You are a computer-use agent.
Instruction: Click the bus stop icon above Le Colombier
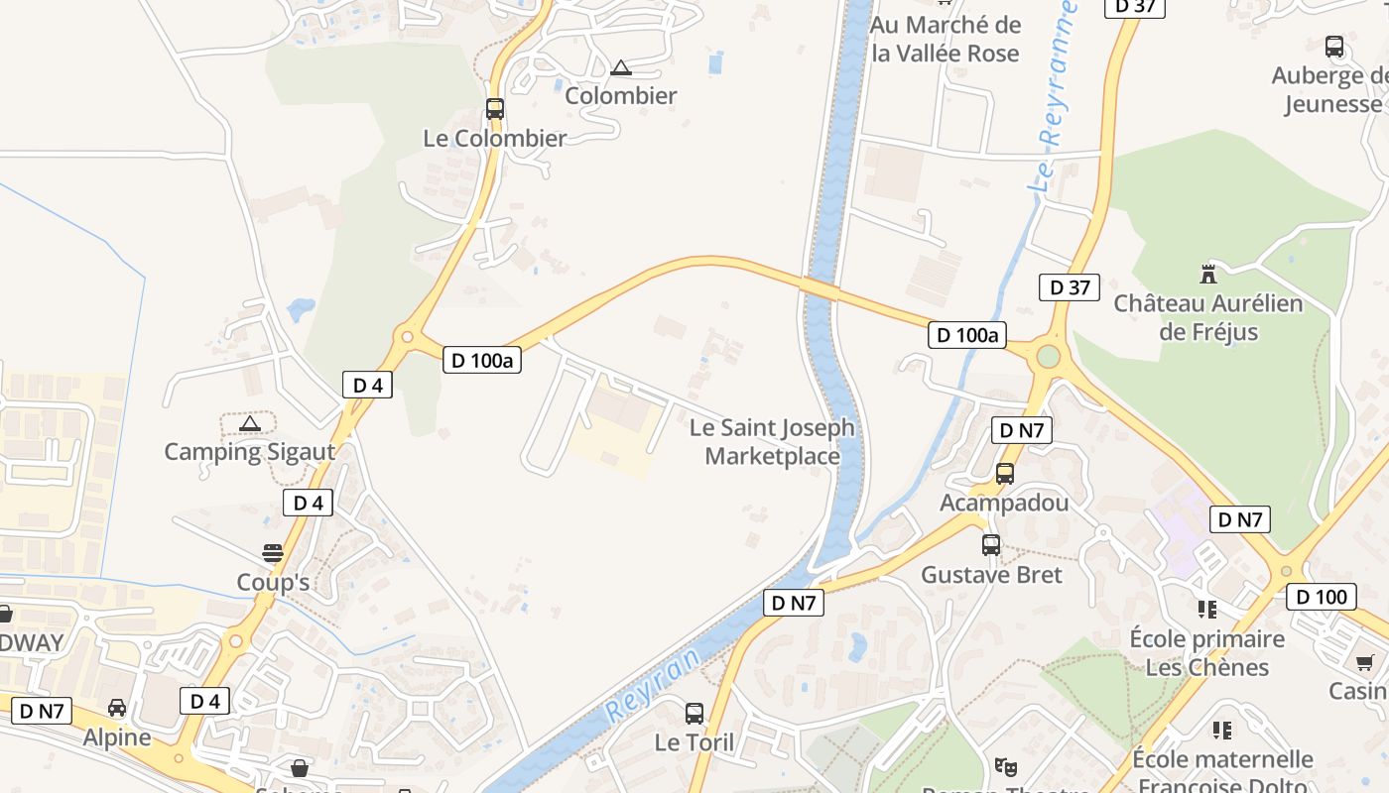494,109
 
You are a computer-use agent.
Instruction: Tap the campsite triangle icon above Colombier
621,68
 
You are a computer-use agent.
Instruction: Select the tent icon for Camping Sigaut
250,424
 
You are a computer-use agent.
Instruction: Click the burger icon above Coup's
273,552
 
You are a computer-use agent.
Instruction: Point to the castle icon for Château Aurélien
1208,274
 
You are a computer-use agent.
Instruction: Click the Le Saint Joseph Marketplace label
772,442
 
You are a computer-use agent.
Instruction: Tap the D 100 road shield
1321,597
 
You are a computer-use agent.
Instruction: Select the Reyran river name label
652,685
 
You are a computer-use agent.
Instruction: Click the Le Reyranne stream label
1054,99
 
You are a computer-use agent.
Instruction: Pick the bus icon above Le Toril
694,713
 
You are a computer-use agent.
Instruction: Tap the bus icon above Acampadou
1005,474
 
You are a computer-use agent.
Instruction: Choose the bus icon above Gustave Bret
991,544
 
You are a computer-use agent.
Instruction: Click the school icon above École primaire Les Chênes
1207,609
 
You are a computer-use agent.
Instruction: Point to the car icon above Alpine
117,708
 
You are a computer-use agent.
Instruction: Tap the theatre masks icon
1006,766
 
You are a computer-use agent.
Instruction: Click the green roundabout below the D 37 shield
1048,356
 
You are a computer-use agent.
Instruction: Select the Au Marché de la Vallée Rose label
946,39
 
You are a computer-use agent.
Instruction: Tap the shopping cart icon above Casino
1365,662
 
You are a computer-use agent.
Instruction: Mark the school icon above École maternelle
1222,731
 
